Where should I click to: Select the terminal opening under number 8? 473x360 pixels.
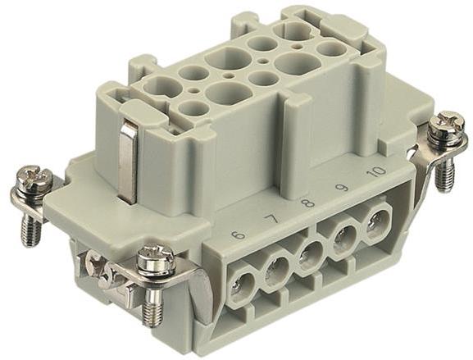tap(311, 253)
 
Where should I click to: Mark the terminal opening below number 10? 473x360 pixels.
tap(377, 222)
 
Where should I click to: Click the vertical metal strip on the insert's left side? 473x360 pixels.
tap(127, 161)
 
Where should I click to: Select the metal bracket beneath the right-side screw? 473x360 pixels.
tap(426, 160)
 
